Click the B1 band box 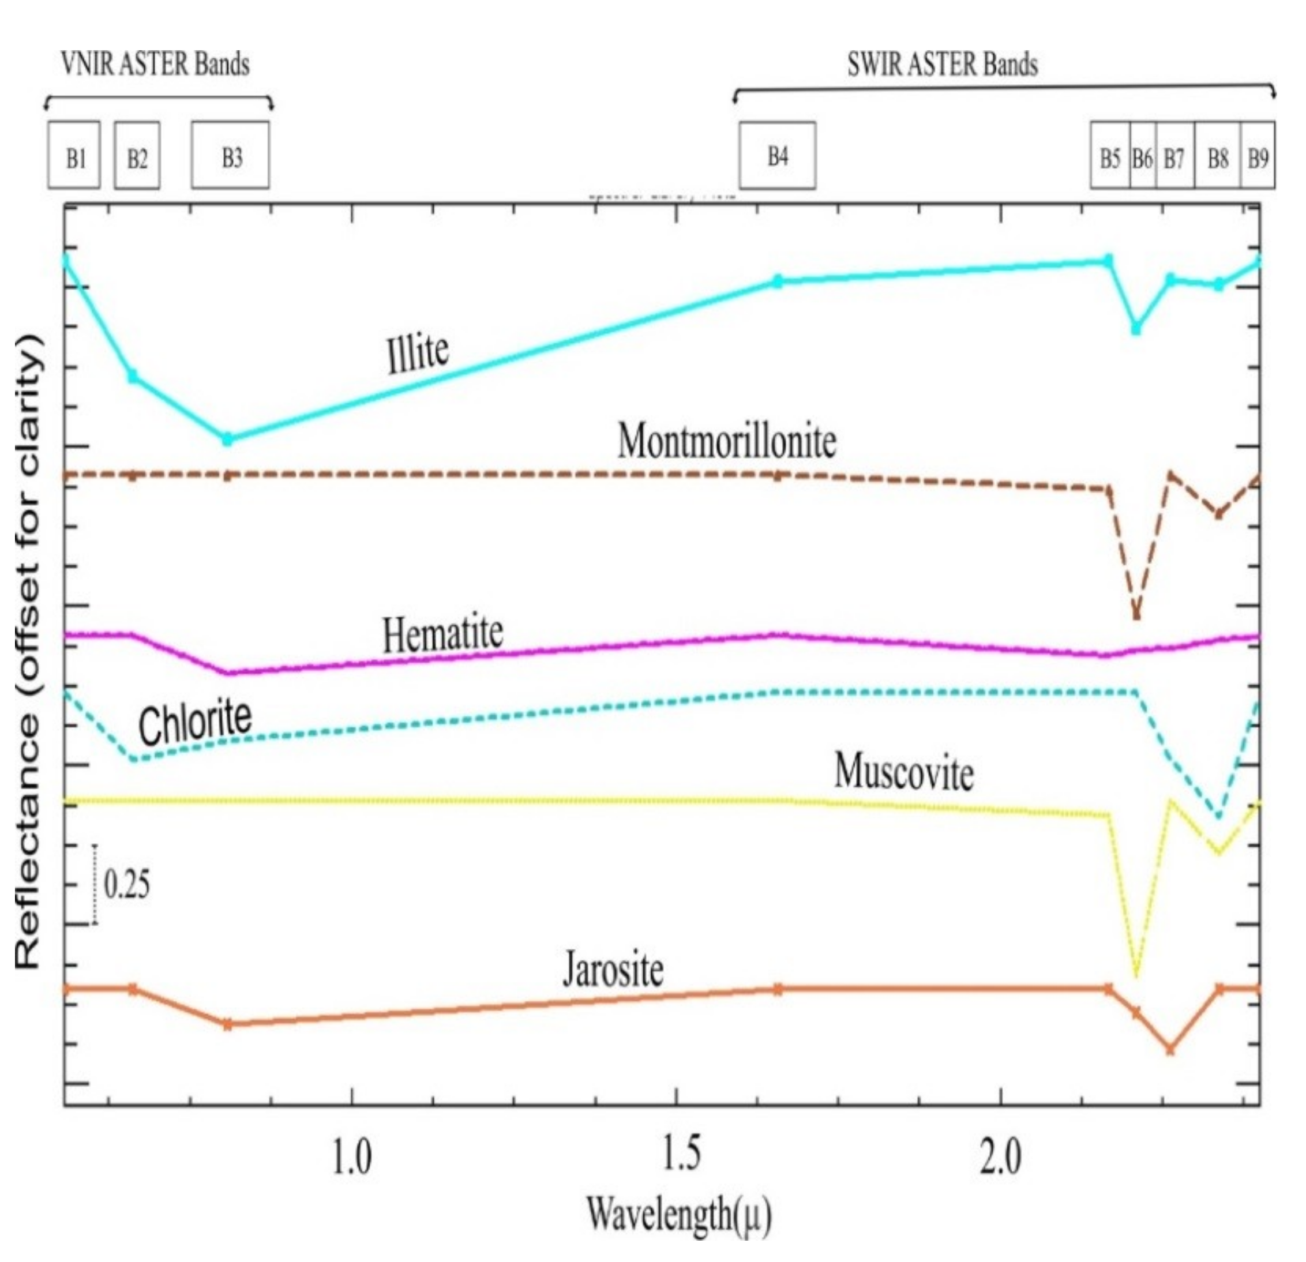(x=74, y=155)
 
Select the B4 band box (x=777, y=155)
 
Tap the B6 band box (x=1142, y=156)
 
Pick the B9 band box (x=1258, y=156)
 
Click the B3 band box (x=231, y=155)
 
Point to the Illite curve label (x=418, y=354)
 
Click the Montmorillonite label (x=726, y=442)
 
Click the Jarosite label (x=613, y=970)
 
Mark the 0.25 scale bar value (x=126, y=884)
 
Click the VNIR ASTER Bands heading (x=155, y=64)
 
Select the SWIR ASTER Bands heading (x=942, y=65)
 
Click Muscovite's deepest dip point (x=1136, y=975)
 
